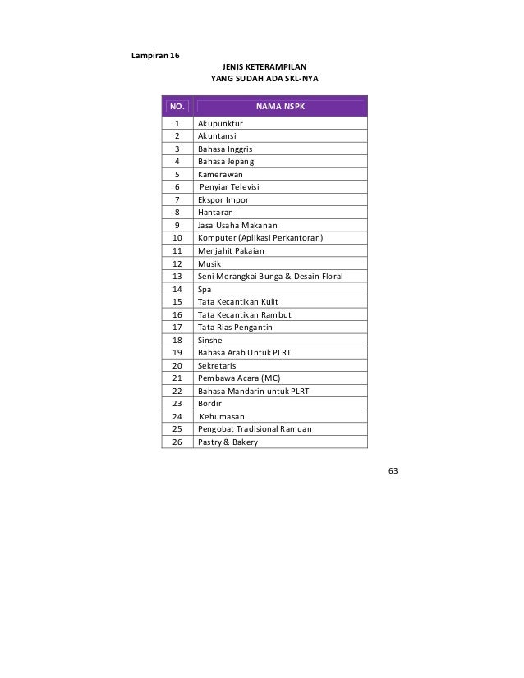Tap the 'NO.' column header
click(x=177, y=106)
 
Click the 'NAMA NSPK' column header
click(x=279, y=106)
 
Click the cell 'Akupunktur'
click(x=220, y=124)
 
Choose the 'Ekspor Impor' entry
click(x=223, y=199)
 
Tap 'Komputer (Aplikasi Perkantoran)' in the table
click(x=260, y=238)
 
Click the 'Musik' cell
click(x=209, y=263)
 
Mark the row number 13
click(x=177, y=277)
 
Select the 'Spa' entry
click(x=205, y=289)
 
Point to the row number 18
click(x=177, y=340)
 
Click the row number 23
click(x=177, y=404)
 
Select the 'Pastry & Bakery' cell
click(x=228, y=442)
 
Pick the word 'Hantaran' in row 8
click(x=215, y=213)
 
